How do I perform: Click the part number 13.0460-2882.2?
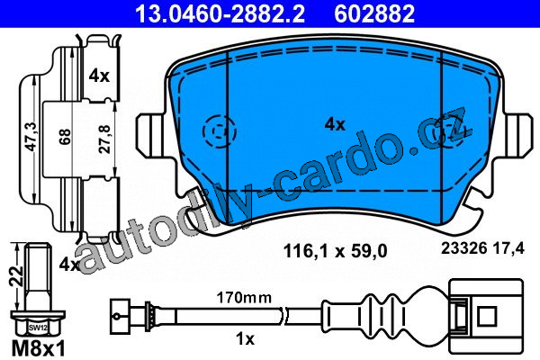tap(220, 13)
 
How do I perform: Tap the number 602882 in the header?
tap(374, 13)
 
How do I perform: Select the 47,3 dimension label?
tap(32, 136)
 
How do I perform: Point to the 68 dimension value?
tap(65, 137)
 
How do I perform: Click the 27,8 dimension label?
tap(104, 139)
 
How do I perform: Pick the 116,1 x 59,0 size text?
tap(335, 251)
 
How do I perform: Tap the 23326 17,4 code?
tap(482, 248)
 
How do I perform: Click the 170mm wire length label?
tap(244, 297)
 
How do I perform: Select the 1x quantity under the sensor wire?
tap(245, 339)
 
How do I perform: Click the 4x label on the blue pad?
tap(335, 124)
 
